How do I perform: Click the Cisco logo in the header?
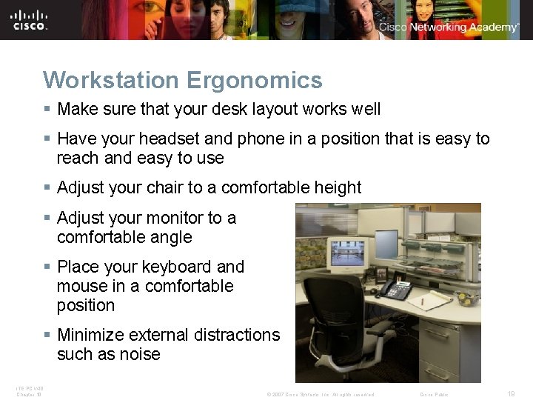30,19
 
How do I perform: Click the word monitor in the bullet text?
174,218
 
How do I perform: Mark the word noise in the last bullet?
135,354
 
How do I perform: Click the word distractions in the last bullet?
233,335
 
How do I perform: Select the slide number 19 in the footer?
511,394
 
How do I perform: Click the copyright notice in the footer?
320,394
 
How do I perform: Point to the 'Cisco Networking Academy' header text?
449,27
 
